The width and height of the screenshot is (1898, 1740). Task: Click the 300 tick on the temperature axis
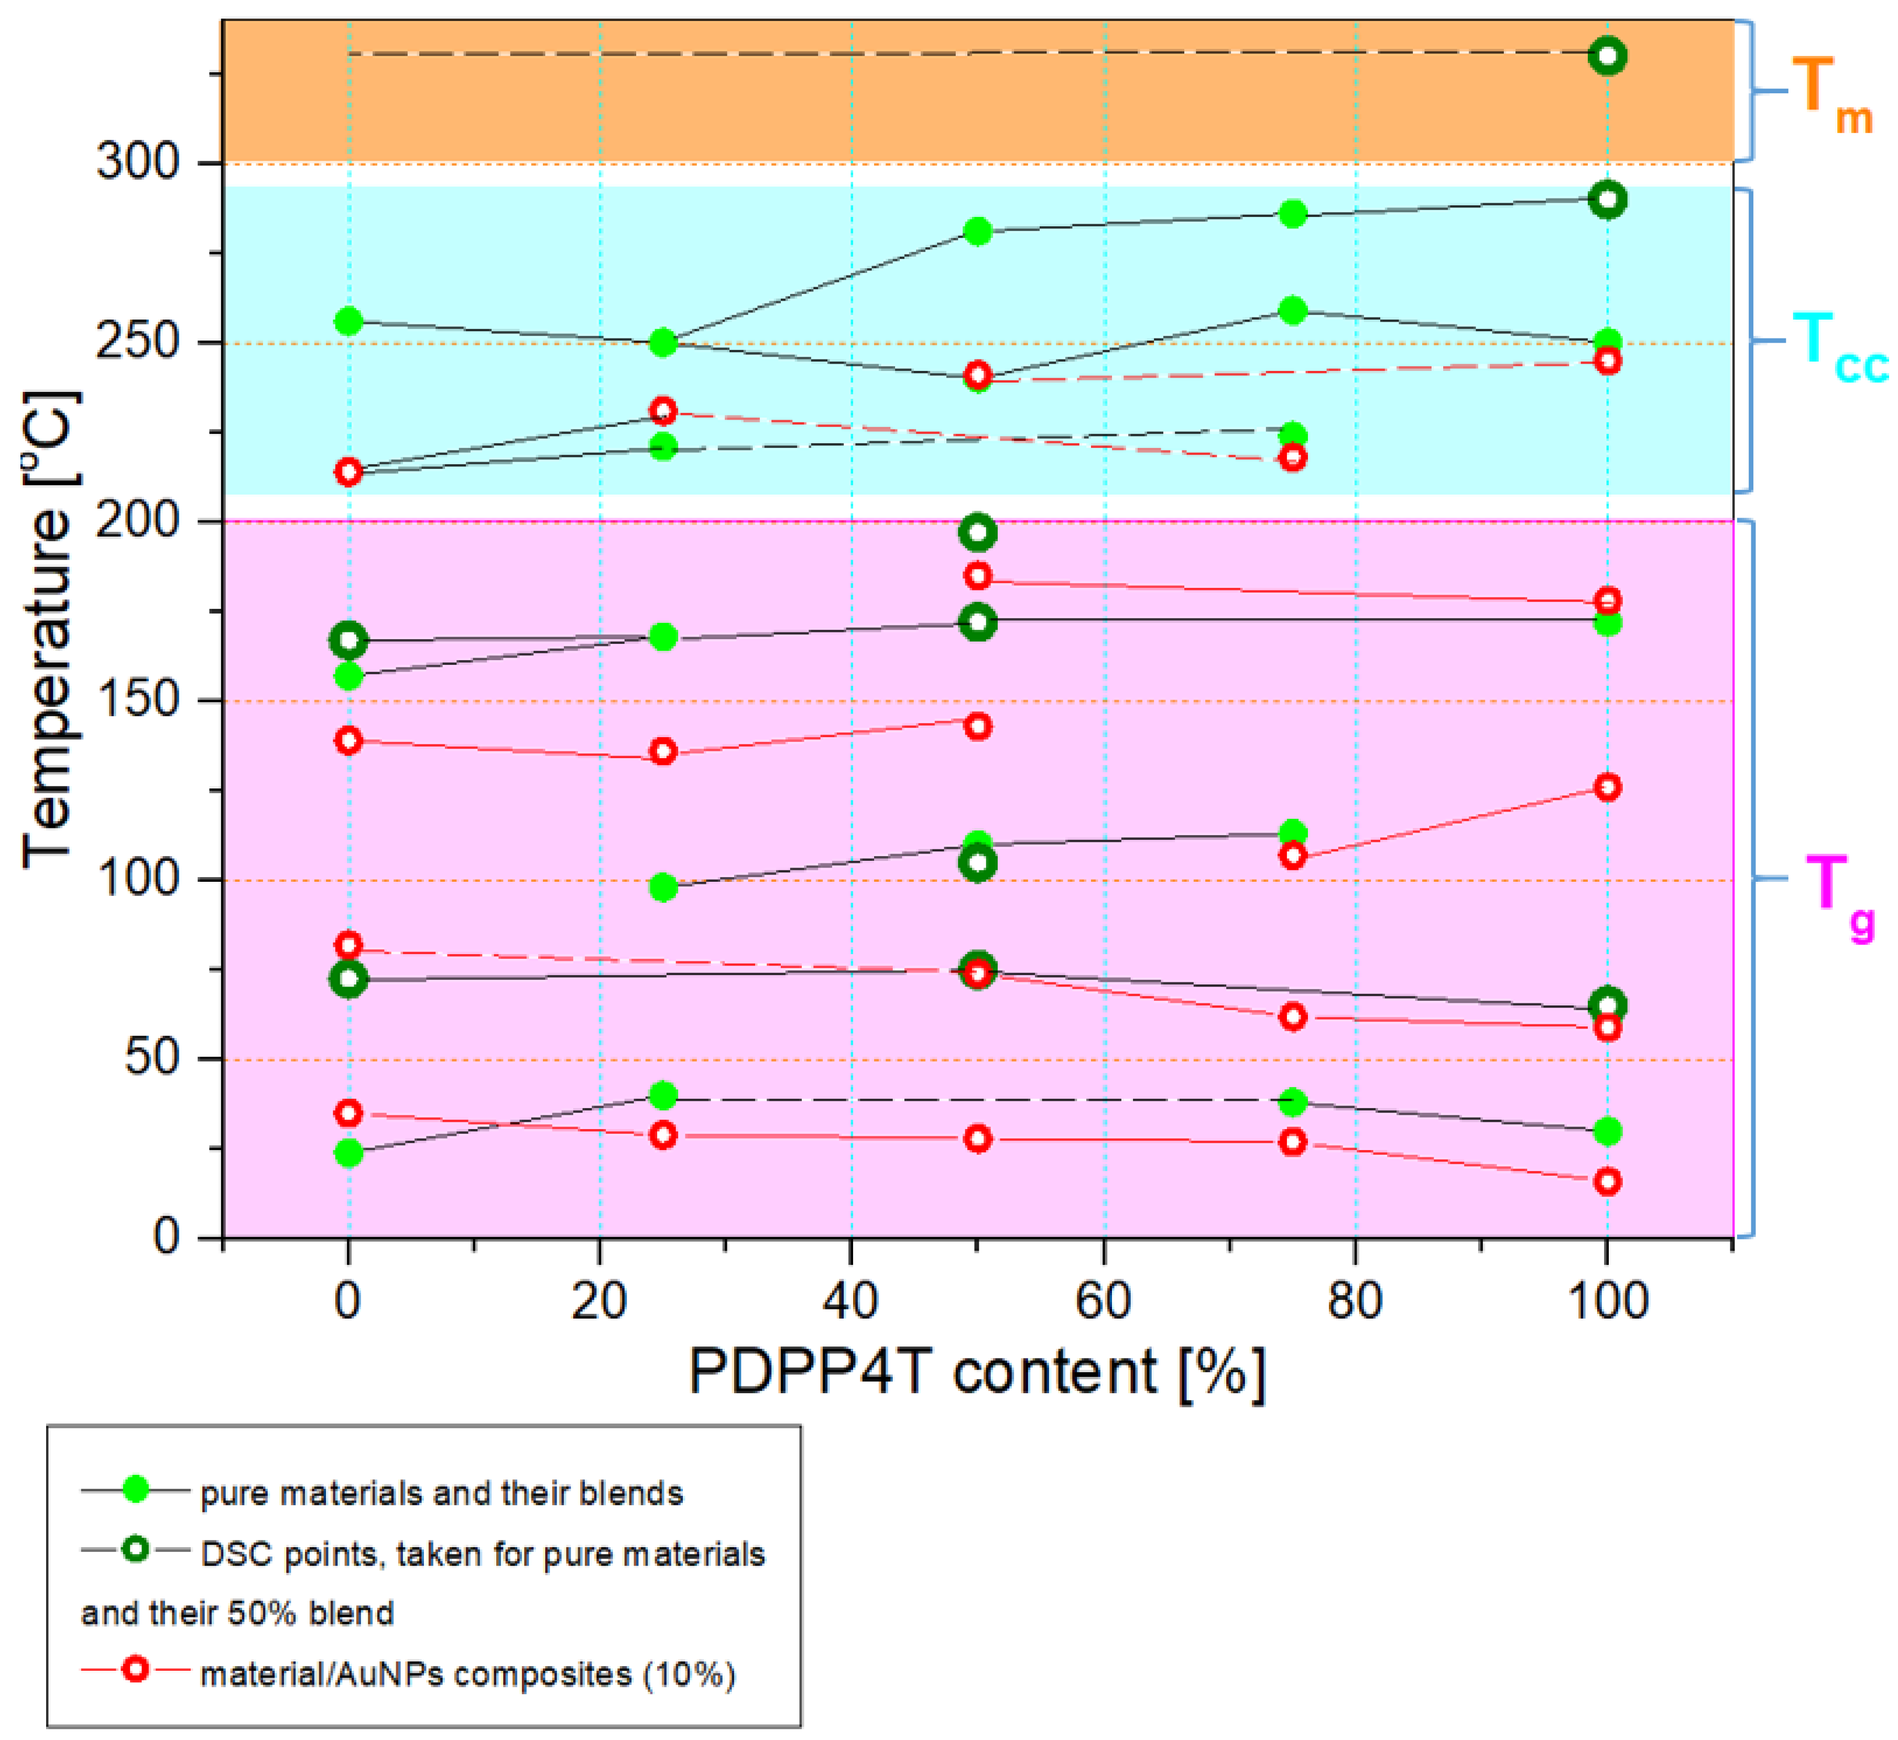point(137,163)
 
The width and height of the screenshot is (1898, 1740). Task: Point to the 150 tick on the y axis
point(137,701)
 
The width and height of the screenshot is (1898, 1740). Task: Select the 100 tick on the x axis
point(1607,1302)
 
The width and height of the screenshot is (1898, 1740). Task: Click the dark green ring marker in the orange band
point(1607,56)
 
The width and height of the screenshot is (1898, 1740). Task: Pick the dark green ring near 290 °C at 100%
point(1607,199)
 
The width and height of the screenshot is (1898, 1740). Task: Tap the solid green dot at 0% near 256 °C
point(348,321)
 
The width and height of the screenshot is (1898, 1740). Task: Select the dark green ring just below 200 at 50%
point(977,533)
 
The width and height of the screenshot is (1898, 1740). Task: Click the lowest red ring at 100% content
point(1607,1181)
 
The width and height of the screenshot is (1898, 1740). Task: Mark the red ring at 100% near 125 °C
point(1607,787)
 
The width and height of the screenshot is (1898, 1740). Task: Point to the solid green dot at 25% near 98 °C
point(663,887)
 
